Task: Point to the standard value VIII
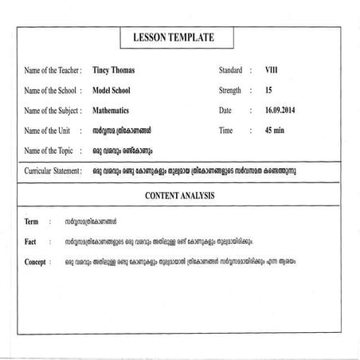point(272,70)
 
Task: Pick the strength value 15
point(268,91)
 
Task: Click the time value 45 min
point(276,130)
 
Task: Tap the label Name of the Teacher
point(53,71)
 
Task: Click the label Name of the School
point(52,91)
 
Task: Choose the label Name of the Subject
point(53,111)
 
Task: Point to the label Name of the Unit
point(48,131)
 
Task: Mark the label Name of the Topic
point(49,150)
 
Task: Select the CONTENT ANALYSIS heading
point(180,195)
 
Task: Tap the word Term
point(32,221)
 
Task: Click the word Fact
point(31,241)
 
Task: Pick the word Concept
point(36,260)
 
